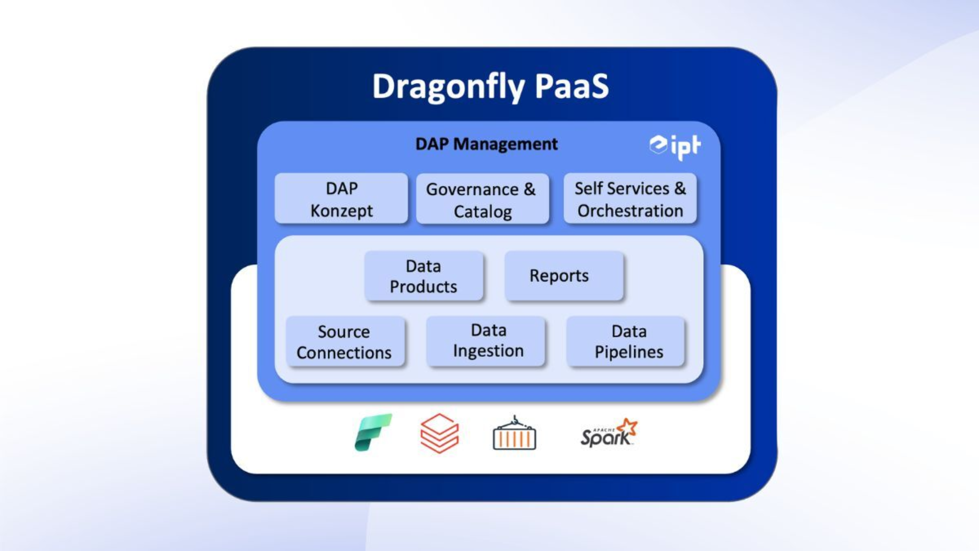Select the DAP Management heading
tap(486, 144)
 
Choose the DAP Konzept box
tap(341, 199)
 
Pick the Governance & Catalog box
tap(482, 199)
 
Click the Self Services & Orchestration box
tap(630, 199)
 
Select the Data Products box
tap(423, 276)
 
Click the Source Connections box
tap(345, 342)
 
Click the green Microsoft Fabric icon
tap(373, 433)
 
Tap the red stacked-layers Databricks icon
tap(439, 433)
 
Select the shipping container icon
tap(514, 434)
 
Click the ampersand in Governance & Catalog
tap(530, 189)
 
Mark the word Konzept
tap(341, 211)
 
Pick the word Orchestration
tap(630, 211)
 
